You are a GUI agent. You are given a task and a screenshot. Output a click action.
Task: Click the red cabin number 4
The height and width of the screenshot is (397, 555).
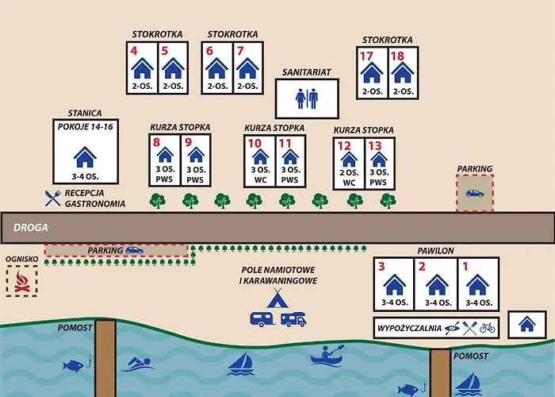point(134,51)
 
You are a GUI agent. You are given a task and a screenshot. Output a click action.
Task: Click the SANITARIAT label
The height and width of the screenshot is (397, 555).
point(306,71)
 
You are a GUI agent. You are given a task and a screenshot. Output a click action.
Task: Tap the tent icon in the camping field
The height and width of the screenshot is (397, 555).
point(276,299)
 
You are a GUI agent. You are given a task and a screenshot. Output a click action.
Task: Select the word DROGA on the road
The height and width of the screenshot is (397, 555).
point(30,227)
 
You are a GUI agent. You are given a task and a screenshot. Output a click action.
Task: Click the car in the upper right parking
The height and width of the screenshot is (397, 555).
point(474,193)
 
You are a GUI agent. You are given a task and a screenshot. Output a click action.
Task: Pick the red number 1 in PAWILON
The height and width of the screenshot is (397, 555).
point(466,268)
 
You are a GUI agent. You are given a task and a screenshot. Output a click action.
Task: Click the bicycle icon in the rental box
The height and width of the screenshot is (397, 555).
point(487,327)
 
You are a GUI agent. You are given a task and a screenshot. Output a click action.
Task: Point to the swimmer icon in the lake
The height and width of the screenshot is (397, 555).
point(136,365)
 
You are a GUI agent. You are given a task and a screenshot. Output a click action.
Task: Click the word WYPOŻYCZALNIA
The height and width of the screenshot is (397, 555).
point(408,328)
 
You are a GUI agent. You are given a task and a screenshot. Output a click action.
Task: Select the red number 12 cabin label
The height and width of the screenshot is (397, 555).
point(344,145)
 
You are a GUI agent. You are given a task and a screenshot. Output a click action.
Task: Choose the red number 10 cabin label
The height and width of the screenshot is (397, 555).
point(255,143)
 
